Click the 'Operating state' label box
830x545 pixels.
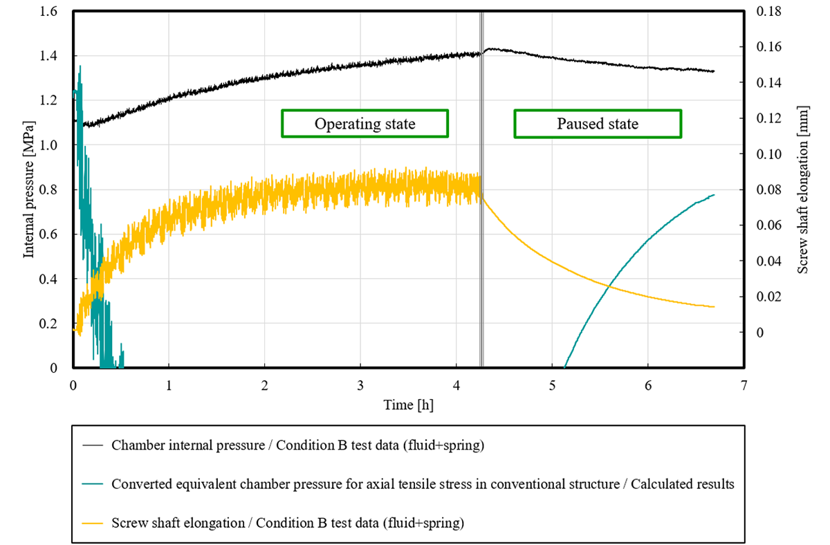click(365, 124)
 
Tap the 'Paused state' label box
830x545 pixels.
click(598, 124)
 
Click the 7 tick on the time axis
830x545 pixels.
click(743, 382)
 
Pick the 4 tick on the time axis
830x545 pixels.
click(456, 382)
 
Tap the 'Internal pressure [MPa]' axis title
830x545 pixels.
click(28, 190)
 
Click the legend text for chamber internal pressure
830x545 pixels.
click(297, 446)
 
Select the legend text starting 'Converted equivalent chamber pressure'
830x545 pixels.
click(423, 485)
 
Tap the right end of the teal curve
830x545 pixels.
click(714, 195)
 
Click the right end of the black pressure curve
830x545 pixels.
click(714, 71)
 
